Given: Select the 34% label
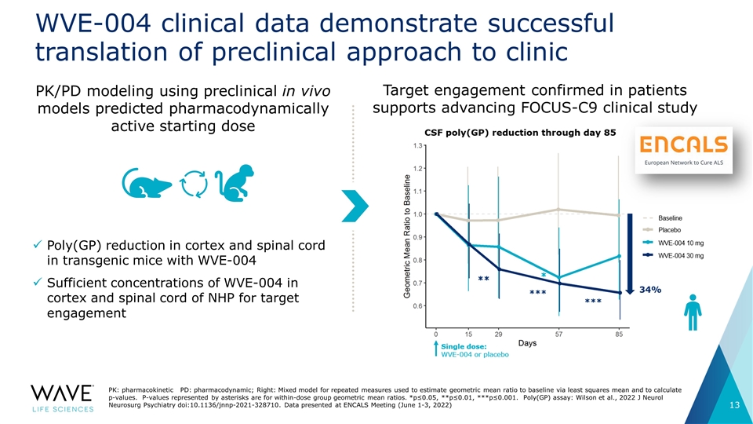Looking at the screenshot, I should (653, 290).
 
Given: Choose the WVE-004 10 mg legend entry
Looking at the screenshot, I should (679, 243).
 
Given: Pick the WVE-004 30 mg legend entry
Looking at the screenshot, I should (679, 255).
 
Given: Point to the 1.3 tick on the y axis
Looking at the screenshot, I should (420, 145).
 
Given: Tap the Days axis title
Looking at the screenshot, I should (527, 344).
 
